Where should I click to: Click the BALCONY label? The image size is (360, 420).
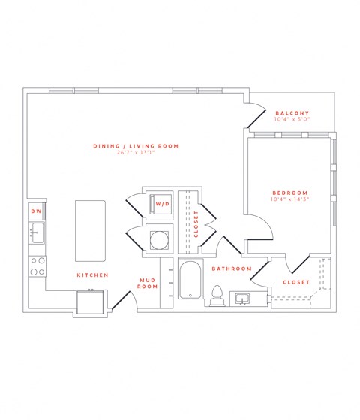point(292,112)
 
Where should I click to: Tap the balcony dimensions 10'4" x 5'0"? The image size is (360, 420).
point(292,119)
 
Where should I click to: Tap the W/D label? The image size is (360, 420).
point(161,204)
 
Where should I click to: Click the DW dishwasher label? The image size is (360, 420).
point(35,212)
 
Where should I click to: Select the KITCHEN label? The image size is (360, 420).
point(92,275)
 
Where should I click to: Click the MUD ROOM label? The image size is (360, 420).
point(147,283)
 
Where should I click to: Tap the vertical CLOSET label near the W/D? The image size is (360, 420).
point(196,223)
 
